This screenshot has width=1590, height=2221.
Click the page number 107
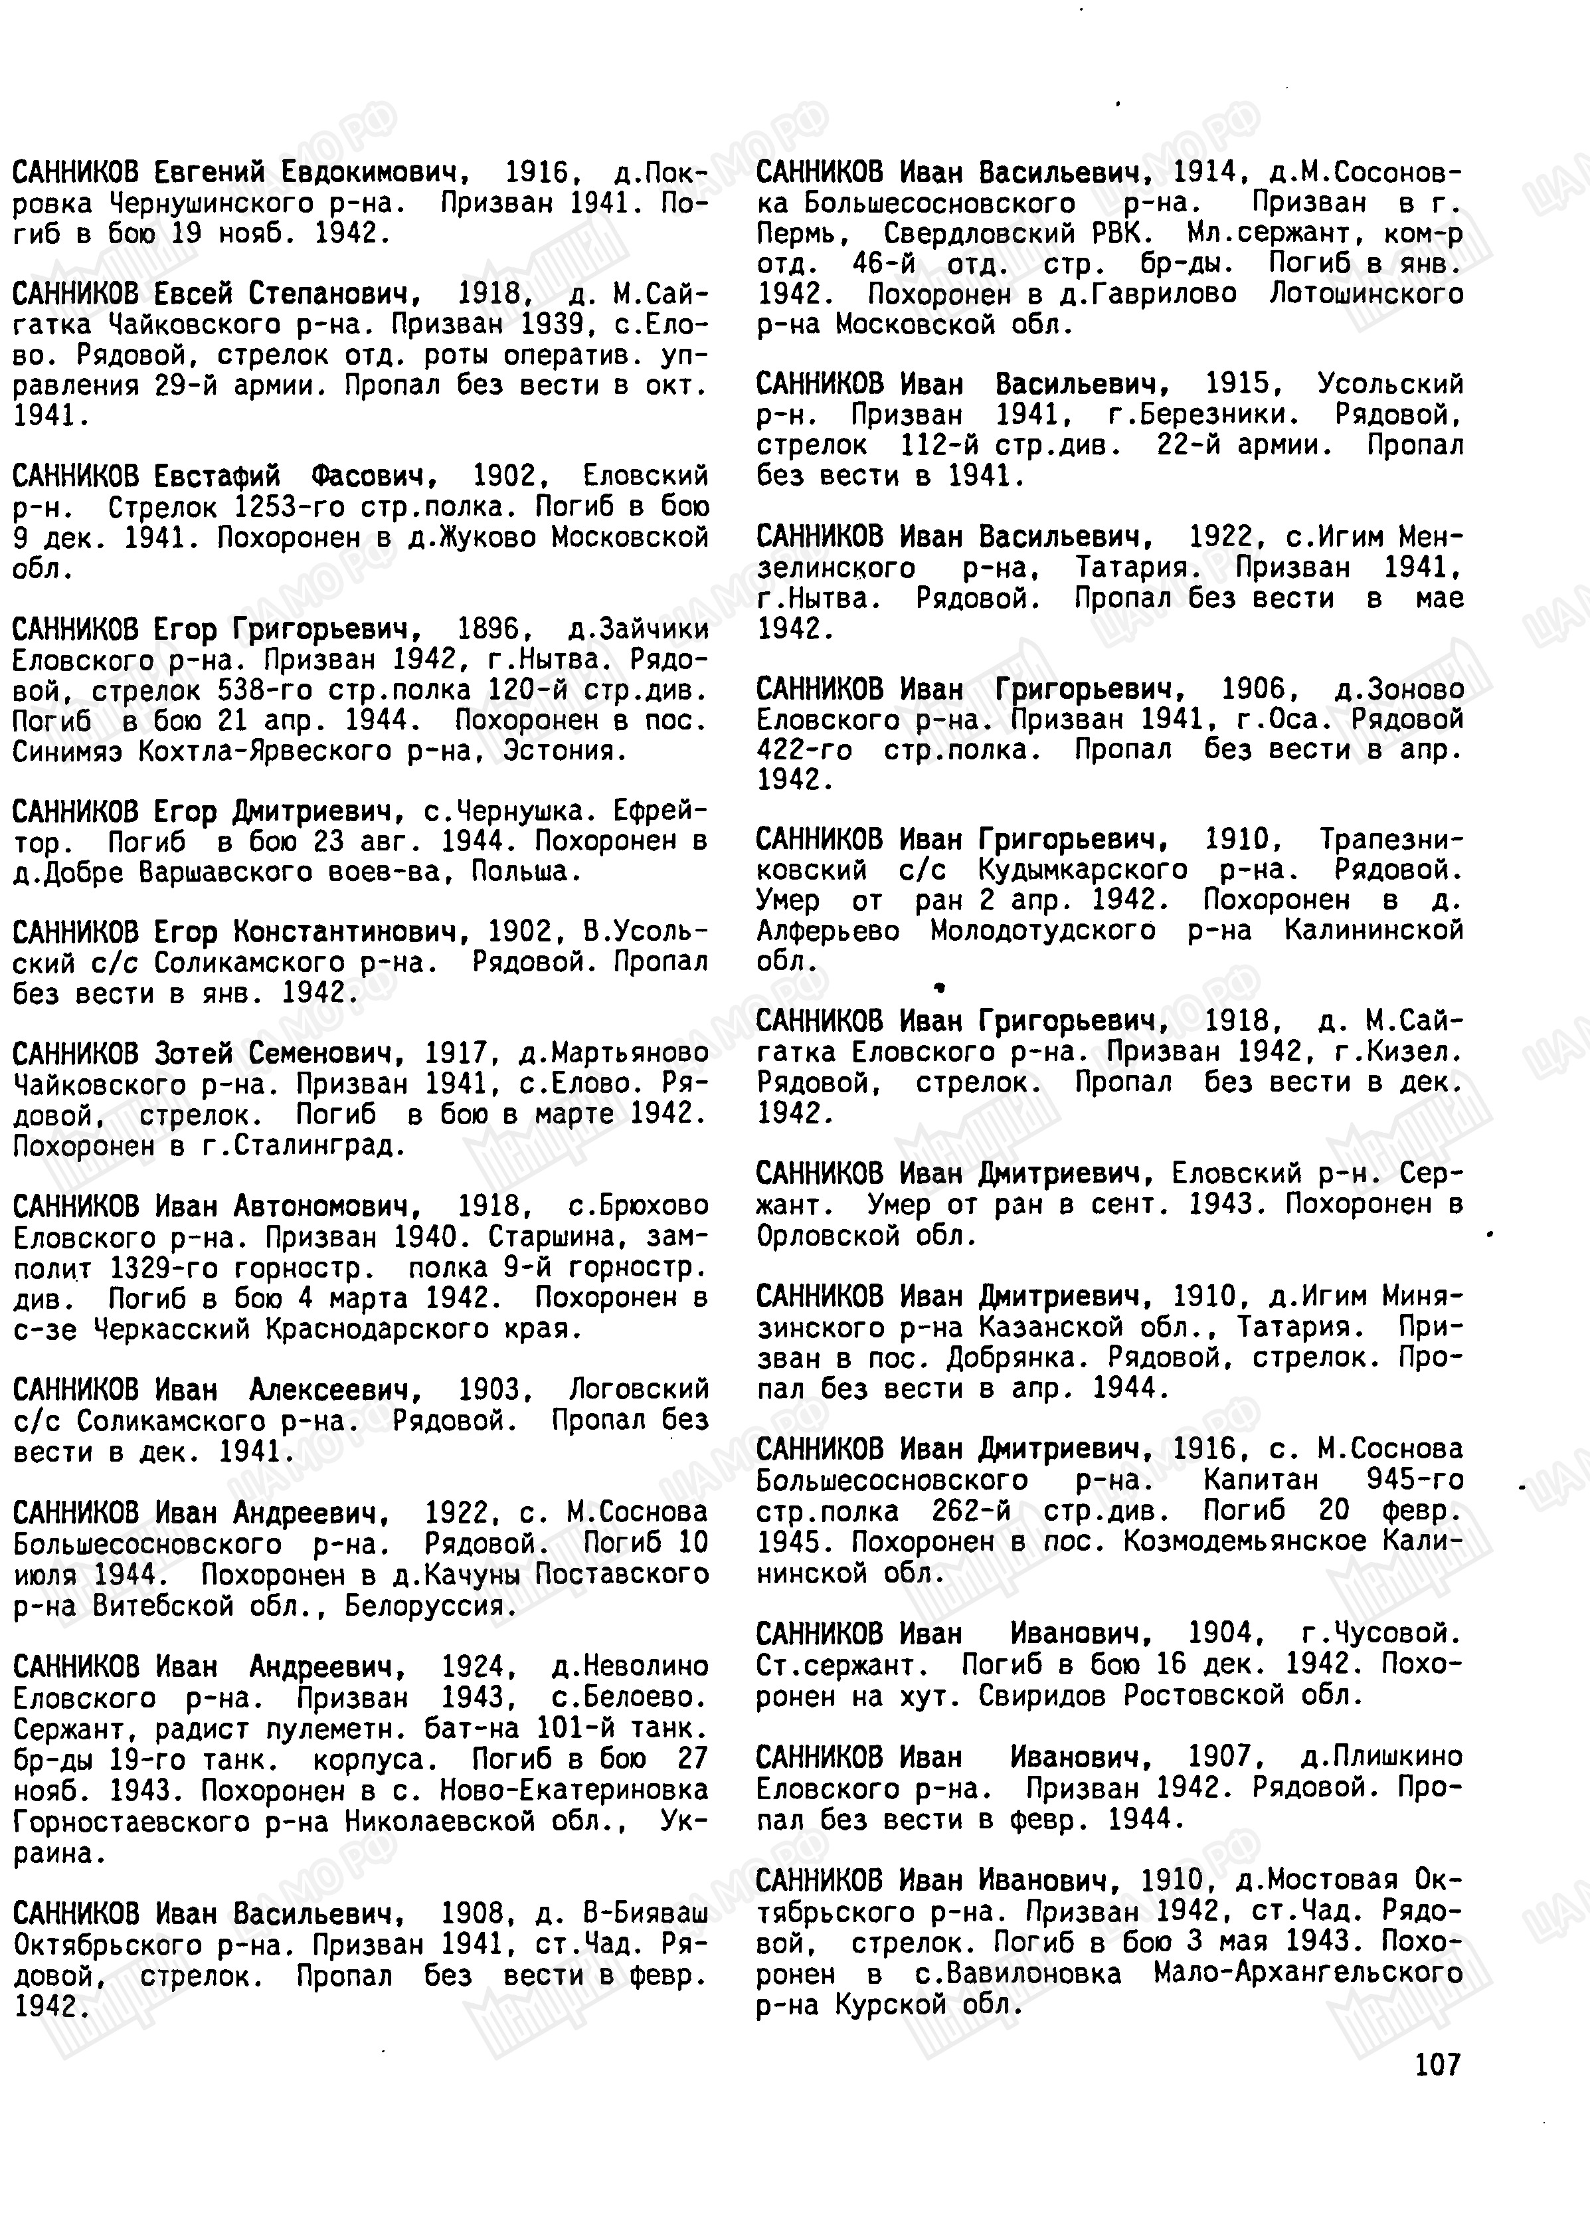[1437, 2064]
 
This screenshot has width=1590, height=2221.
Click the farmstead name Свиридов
[1049, 1695]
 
